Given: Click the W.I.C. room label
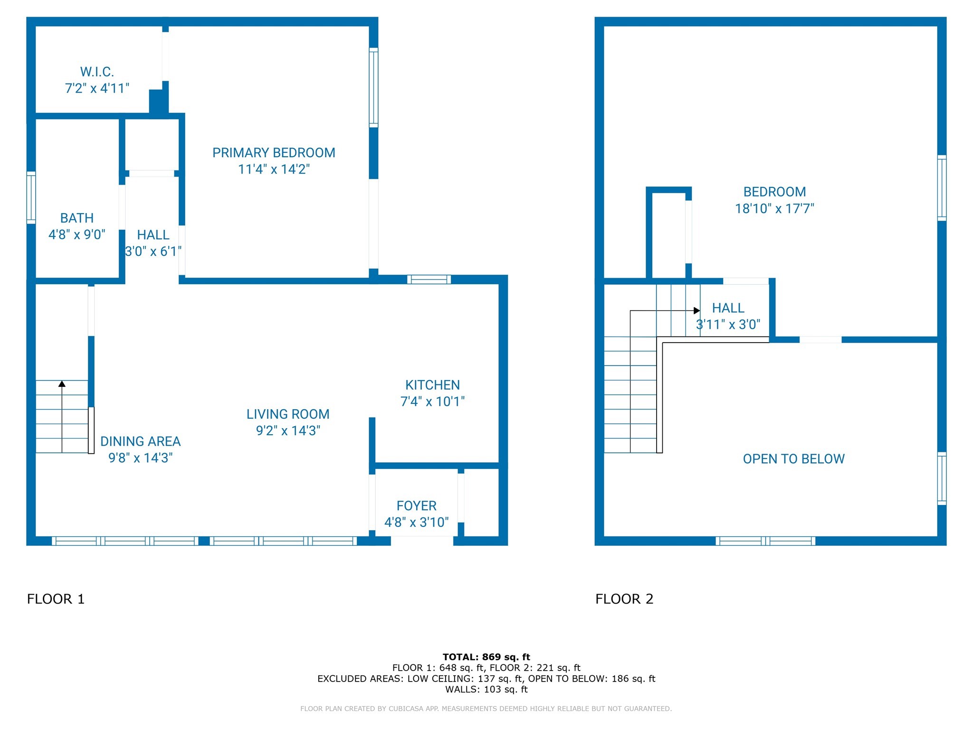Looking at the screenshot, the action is [97, 72].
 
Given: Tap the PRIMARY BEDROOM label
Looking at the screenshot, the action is [274, 153].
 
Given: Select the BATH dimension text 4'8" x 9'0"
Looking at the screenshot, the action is [77, 234].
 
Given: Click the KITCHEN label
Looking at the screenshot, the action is [432, 385].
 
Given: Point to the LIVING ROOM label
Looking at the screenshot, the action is [288, 414].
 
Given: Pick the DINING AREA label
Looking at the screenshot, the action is [141, 441].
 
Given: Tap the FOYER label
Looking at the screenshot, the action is [417, 506].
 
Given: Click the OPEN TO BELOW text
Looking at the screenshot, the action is [794, 459].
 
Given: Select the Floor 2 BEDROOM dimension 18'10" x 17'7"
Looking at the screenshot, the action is [774, 208].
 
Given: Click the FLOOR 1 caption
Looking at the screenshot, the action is [56, 599].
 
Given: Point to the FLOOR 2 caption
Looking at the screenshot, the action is [624, 599].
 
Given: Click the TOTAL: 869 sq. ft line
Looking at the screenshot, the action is [486, 657].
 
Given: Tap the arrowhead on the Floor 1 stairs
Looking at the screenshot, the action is [62, 383].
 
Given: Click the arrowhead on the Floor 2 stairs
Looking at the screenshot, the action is [697, 311].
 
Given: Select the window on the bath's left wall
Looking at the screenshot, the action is [31, 197].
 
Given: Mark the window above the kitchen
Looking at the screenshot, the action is [429, 279].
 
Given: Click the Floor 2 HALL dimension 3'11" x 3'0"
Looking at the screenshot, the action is [728, 325].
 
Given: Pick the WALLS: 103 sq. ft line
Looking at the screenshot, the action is [486, 690].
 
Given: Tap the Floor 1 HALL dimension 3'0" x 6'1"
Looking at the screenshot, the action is [153, 251].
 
